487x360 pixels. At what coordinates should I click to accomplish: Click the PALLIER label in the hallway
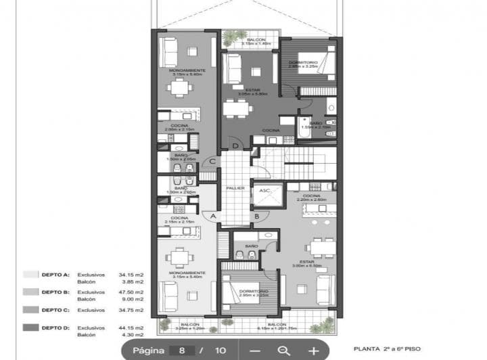tap(235, 188)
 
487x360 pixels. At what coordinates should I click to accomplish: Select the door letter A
tap(213, 216)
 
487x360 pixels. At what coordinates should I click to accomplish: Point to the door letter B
tap(256, 216)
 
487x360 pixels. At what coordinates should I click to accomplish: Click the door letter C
tap(212, 161)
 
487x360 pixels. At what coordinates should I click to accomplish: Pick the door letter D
tap(235, 145)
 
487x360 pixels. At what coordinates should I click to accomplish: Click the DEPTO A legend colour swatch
tap(30, 275)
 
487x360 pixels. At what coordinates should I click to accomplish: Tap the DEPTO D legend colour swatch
tap(30, 328)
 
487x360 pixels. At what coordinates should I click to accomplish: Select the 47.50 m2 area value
tap(131, 292)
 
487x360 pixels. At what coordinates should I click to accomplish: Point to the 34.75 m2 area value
tap(131, 310)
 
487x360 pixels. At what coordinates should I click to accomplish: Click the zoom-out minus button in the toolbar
tap(254, 351)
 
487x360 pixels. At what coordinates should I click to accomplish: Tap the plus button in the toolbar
tap(314, 351)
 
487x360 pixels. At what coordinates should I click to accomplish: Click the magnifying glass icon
tap(284, 351)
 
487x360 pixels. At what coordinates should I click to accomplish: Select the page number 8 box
tap(182, 351)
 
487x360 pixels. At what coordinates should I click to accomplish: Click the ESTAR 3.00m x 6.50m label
tap(306, 263)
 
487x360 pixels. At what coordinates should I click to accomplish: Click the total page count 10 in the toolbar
tap(221, 351)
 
